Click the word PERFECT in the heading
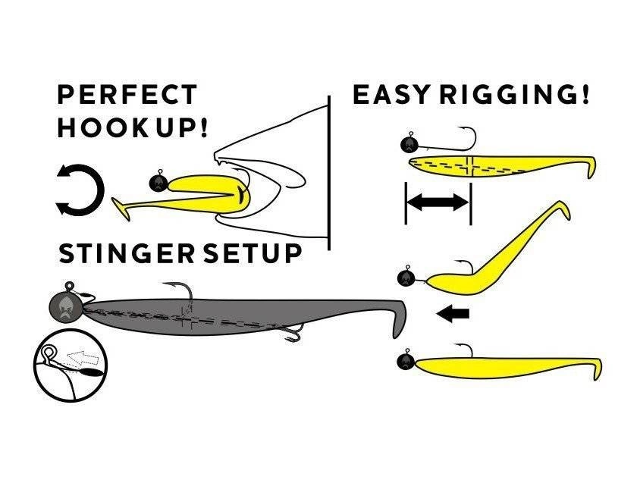[x=127, y=96]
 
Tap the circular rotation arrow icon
[x=80, y=189]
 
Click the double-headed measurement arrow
[x=438, y=202]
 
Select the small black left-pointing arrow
[x=453, y=313]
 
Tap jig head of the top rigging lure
[x=410, y=143]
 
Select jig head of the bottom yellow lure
[x=408, y=360]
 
